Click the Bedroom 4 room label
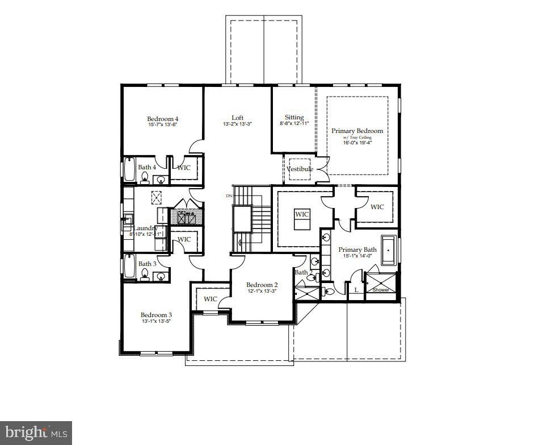[x=163, y=119]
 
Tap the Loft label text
[x=237, y=118]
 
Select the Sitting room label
[x=294, y=117]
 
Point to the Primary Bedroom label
[x=357, y=131]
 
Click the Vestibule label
[x=300, y=169]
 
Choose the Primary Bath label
[x=357, y=249]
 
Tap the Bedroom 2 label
[x=262, y=285]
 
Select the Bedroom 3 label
[x=156, y=315]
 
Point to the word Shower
[x=381, y=290]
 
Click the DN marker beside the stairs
[x=229, y=196]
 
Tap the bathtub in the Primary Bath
[x=390, y=249]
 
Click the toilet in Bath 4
[x=145, y=179]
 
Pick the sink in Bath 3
[x=161, y=277]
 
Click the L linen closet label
[x=356, y=290]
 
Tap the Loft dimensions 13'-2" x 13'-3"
[x=237, y=124]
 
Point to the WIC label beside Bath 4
[x=184, y=168]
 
